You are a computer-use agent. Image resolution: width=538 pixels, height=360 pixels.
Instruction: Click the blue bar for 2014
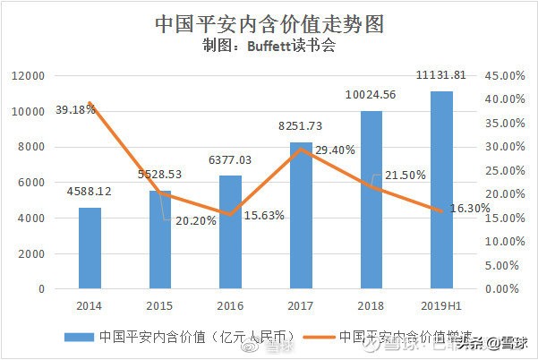[90, 248]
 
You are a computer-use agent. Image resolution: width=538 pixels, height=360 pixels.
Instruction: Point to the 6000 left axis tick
[33, 183]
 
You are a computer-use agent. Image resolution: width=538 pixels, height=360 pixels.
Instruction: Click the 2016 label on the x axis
[230, 305]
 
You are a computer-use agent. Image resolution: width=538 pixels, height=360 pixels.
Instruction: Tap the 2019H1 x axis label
[441, 305]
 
